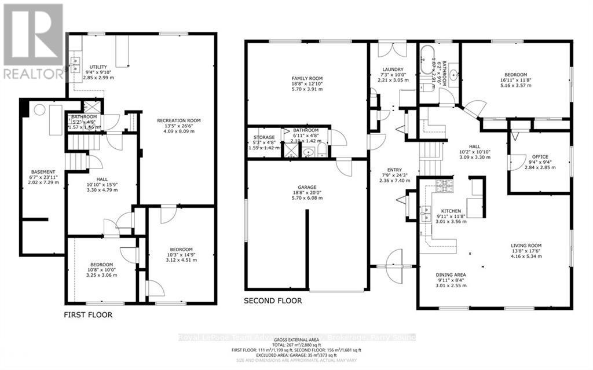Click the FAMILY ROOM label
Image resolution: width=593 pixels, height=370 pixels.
click(x=307, y=78)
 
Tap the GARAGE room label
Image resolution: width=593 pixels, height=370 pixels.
click(x=307, y=187)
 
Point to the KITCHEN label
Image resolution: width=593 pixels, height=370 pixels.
click(x=451, y=211)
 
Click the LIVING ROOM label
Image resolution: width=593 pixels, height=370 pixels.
click(x=526, y=246)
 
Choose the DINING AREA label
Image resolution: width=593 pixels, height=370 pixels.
click(x=451, y=275)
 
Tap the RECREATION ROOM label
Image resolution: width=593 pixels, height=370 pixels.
click(x=178, y=120)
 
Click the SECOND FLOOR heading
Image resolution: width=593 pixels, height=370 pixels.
click(x=273, y=301)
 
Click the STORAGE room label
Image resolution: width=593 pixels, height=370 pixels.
click(x=263, y=137)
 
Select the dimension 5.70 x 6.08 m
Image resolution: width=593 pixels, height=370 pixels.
click(x=307, y=198)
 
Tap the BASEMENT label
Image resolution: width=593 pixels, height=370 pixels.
click(x=43, y=172)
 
